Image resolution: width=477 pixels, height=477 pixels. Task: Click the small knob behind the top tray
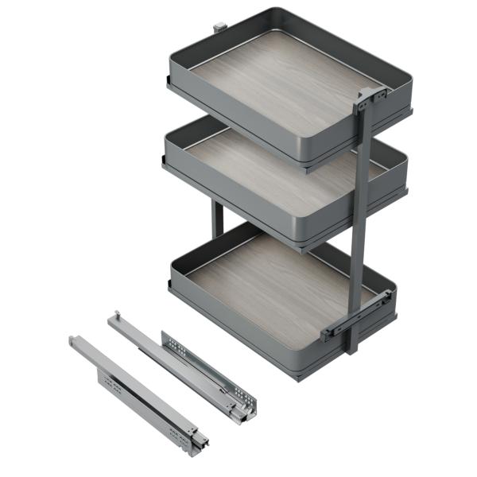[x=217, y=29]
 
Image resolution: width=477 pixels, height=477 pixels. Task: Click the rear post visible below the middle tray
[x=217, y=219]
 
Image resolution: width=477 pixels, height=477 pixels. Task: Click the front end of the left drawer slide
[x=199, y=440]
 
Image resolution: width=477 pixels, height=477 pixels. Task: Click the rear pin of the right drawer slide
[x=116, y=315]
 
